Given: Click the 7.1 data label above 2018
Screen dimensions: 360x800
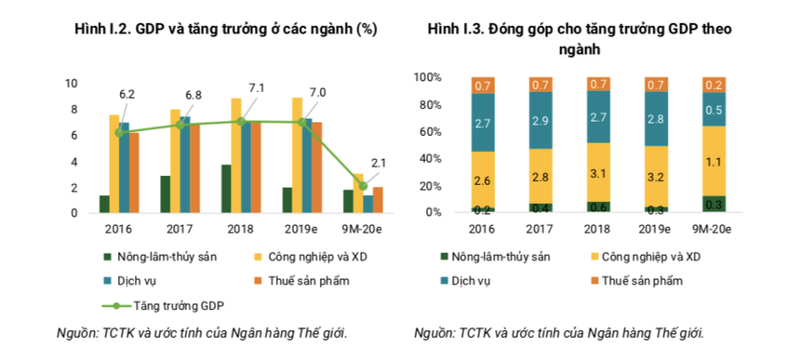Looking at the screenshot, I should coord(256,88).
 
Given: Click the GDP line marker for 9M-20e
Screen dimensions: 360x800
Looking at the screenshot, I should coord(363,185).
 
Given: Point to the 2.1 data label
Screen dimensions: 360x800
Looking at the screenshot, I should coord(379,163).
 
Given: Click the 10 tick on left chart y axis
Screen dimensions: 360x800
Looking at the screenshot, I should coord(72,84).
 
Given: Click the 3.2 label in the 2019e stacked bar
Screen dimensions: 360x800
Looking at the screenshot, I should coord(657,175).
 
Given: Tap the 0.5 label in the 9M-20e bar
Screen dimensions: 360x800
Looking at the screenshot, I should coord(714,110).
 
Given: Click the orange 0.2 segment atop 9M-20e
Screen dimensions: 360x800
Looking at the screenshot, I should coord(714,85).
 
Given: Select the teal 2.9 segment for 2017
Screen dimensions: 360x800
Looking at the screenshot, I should coord(540,121).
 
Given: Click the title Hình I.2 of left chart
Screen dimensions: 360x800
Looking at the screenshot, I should coord(225,30).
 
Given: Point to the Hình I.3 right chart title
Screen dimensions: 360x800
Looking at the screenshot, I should coord(579,39).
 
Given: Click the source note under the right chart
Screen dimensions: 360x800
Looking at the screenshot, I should coord(558,333).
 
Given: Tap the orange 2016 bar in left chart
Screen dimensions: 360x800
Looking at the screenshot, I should coord(134,173).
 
